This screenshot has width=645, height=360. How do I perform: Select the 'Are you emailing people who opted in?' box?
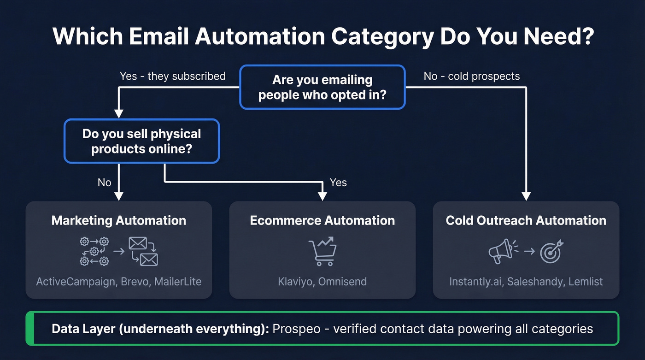click(322, 87)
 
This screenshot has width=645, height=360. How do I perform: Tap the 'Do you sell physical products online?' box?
click(141, 141)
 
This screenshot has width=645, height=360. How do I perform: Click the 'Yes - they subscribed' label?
click(172, 76)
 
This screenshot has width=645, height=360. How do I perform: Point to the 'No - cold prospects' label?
click(471, 76)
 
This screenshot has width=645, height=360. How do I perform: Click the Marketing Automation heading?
click(119, 220)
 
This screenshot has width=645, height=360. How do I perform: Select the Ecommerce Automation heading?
click(322, 220)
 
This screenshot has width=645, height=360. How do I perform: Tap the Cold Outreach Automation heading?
click(526, 220)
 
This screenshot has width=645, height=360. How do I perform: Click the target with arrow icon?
click(551, 251)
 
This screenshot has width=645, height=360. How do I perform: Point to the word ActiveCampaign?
click(76, 281)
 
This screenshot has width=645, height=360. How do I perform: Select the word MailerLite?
click(178, 281)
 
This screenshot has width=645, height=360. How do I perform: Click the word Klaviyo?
click(295, 281)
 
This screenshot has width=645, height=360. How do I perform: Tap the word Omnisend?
click(343, 281)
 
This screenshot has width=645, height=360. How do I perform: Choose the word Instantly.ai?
click(475, 281)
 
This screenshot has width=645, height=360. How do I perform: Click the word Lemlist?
click(585, 281)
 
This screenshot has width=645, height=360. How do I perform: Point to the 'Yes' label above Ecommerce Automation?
click(338, 183)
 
